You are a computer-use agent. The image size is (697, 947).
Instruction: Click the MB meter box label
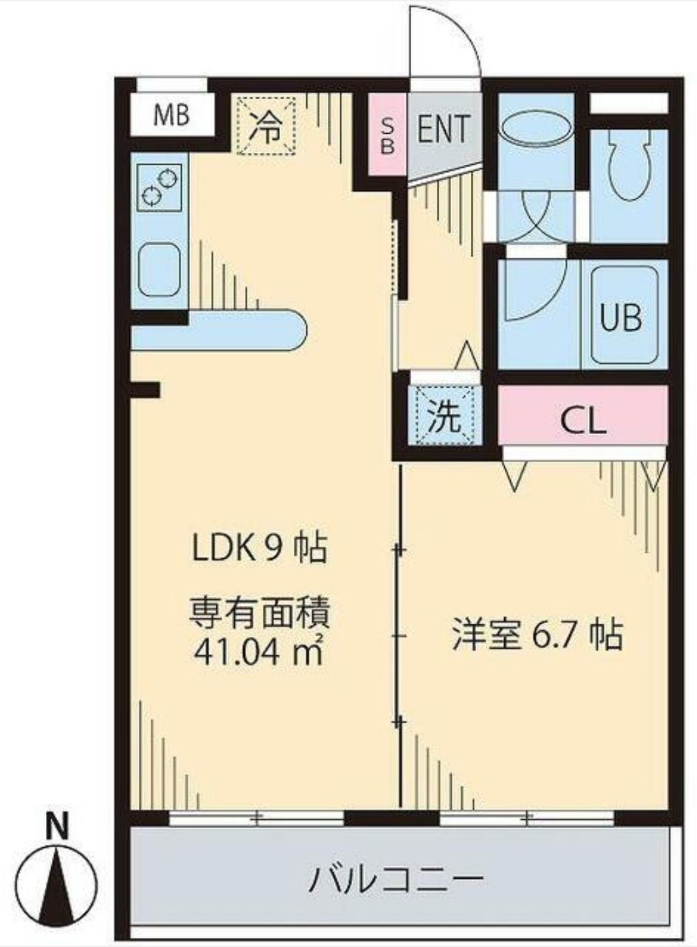(x=172, y=115)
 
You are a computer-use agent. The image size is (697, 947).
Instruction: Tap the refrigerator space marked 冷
(x=266, y=126)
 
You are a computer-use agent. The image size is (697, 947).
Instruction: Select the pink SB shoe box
(x=388, y=135)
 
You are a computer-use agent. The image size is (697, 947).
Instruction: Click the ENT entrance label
(x=444, y=129)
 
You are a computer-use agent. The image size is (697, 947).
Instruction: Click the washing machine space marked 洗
(x=445, y=417)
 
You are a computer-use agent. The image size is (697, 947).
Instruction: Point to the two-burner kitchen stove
(x=159, y=186)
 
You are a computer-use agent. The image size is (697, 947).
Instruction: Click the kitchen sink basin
(x=159, y=269)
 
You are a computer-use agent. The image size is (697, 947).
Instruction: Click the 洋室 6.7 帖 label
(x=536, y=634)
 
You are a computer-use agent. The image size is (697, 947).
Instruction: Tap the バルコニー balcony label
(x=397, y=879)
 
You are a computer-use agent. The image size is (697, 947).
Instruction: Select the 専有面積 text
(x=259, y=615)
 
